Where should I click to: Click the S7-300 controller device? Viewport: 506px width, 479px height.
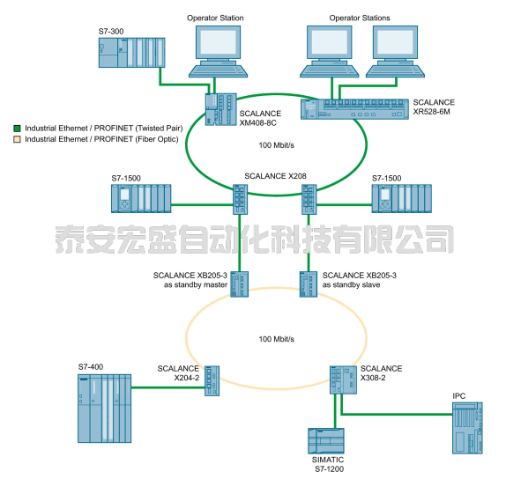pyautogui.click(x=131, y=53)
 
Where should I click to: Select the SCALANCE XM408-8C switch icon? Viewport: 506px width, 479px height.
pyautogui.click(x=220, y=109)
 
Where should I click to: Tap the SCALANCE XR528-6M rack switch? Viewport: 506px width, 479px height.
pyautogui.click(x=354, y=109)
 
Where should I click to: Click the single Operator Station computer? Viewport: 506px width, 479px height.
pyautogui.click(x=218, y=52)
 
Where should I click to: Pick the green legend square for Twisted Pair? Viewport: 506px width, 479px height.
pyautogui.click(x=17, y=129)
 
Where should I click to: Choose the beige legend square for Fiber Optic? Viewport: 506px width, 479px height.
pyautogui.click(x=17, y=139)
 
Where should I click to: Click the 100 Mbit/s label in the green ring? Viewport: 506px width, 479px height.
pyautogui.click(x=276, y=145)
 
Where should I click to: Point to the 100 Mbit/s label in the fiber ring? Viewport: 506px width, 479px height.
pyautogui.click(x=276, y=339)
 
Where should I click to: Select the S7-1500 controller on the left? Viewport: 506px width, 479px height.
pyautogui.click(x=141, y=199)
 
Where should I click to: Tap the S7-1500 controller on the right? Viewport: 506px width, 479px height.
pyautogui.click(x=401, y=199)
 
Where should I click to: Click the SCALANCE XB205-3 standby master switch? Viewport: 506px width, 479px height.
pyautogui.click(x=239, y=284)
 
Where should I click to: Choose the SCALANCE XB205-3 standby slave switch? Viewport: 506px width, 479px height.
pyautogui.click(x=309, y=284)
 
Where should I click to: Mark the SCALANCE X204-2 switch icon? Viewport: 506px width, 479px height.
pyautogui.click(x=212, y=380)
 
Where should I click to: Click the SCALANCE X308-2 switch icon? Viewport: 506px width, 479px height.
pyautogui.click(x=343, y=380)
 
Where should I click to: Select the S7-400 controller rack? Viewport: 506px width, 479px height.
pyautogui.click(x=105, y=409)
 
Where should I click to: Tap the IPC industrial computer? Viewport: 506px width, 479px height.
pyautogui.click(x=467, y=428)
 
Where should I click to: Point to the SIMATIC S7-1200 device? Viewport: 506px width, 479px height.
pyautogui.click(x=326, y=441)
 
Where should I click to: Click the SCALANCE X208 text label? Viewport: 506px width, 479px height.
pyautogui.click(x=275, y=176)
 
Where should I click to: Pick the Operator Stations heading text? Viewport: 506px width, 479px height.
pyautogui.click(x=360, y=18)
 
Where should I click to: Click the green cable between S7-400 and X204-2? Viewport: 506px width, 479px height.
pyautogui.click(x=168, y=387)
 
